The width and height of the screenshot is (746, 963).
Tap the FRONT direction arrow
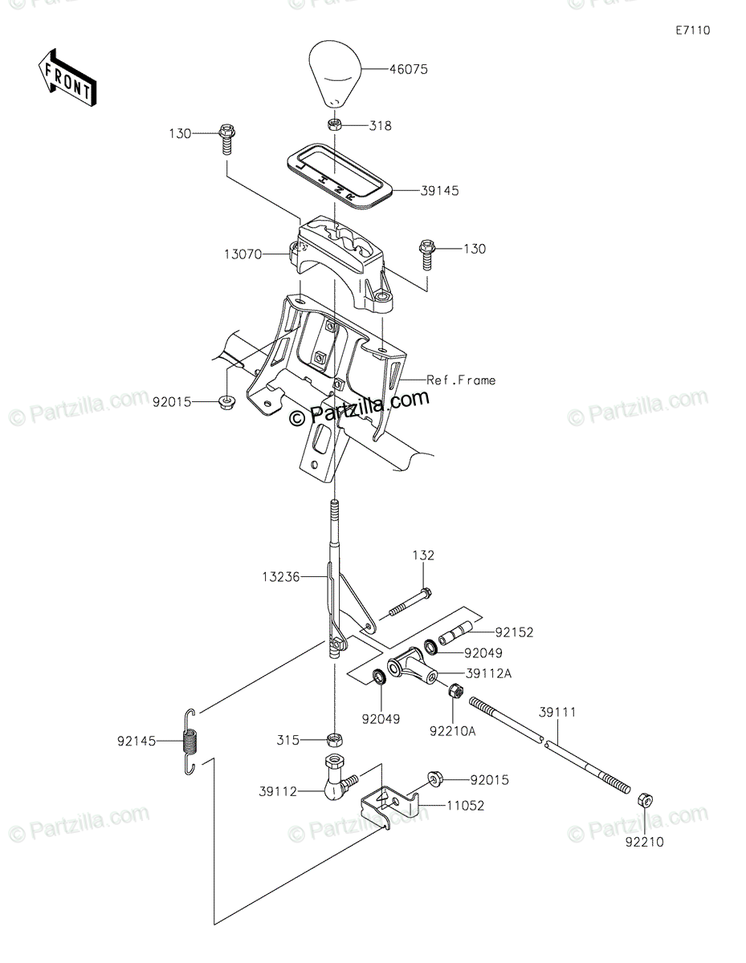(x=67, y=78)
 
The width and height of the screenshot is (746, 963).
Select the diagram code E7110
(x=693, y=30)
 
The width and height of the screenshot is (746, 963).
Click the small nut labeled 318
(x=334, y=125)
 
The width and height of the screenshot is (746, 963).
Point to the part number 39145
(x=439, y=191)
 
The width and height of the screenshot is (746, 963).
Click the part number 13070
(x=243, y=254)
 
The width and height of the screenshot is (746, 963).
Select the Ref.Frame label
(x=461, y=380)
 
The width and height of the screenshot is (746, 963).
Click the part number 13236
(x=280, y=577)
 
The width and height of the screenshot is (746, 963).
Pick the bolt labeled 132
(x=410, y=602)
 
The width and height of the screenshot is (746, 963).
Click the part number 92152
(x=514, y=632)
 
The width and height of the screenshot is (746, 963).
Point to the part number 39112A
(x=488, y=674)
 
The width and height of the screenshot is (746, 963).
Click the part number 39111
(x=557, y=713)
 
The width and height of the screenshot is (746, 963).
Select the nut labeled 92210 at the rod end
(x=646, y=811)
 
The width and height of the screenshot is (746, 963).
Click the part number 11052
(x=466, y=806)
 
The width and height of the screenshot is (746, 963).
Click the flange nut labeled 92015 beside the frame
(x=227, y=402)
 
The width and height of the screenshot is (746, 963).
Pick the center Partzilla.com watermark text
(x=359, y=408)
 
